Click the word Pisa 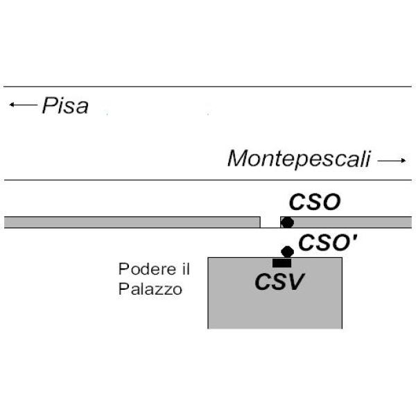tap(65, 105)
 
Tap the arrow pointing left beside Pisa tap(23, 105)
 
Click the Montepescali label tap(299, 159)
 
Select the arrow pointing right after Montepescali tap(392, 161)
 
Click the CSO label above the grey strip tap(315, 202)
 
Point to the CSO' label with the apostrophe tap(328, 242)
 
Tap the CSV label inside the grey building tap(279, 281)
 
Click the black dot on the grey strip tap(287, 223)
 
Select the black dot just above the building tap(287, 252)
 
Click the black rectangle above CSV tap(281, 263)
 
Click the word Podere tap(147, 269)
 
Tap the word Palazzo tap(150, 288)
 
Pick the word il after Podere tap(186, 269)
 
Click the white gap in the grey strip tap(270, 223)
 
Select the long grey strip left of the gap tap(132, 223)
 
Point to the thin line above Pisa tap(207, 87)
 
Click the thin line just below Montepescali tap(208, 180)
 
